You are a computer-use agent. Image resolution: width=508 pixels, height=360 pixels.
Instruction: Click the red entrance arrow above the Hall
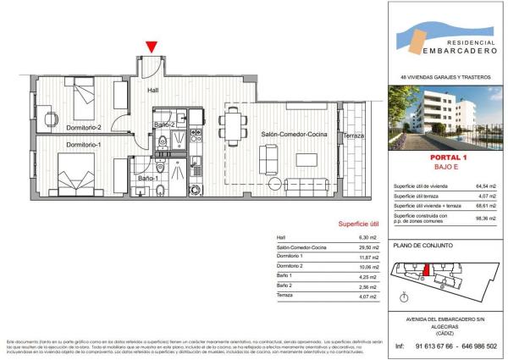pyautogui.click(x=151, y=47)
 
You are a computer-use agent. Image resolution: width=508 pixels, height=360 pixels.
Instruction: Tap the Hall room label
pyautogui.click(x=153, y=90)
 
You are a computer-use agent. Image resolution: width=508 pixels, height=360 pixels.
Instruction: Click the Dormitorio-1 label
pyautogui.click(x=83, y=145)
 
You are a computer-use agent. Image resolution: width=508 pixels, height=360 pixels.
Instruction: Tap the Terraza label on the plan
pyautogui.click(x=353, y=136)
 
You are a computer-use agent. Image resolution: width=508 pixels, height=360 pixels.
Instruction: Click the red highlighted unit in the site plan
pyautogui.click(x=428, y=269)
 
